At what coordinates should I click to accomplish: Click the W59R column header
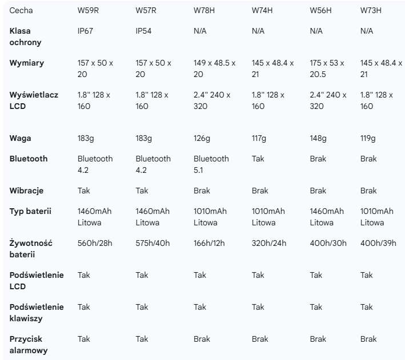tap(88, 10)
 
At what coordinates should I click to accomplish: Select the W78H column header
tap(205, 10)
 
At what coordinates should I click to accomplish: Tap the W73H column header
tap(371, 10)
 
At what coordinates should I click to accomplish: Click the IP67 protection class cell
tap(86, 31)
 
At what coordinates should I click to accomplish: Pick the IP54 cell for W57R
tap(144, 31)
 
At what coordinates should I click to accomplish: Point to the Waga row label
tap(20, 138)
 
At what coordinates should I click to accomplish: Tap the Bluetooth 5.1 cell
tap(211, 164)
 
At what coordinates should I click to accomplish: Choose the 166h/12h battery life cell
tap(209, 243)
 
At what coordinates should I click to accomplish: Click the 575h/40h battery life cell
tap(153, 243)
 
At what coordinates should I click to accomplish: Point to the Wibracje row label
tap(26, 191)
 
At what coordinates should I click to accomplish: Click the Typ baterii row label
tap(30, 211)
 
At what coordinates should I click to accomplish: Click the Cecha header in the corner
tap(19, 10)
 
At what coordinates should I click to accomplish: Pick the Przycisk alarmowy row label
tap(29, 345)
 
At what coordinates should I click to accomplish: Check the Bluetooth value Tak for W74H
tap(258, 159)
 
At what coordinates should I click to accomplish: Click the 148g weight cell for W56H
tap(318, 138)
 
